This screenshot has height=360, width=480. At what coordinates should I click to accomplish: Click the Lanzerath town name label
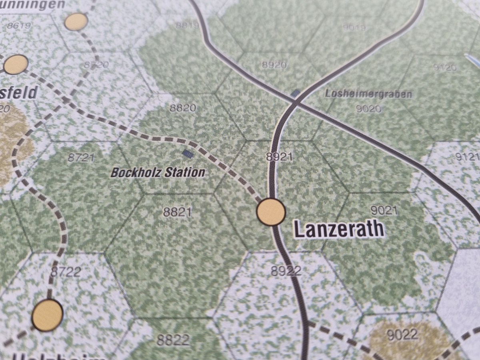(x=339, y=229)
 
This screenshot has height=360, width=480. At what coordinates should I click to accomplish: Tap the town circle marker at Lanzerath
(x=271, y=211)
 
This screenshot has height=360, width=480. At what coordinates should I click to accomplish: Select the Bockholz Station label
(x=158, y=173)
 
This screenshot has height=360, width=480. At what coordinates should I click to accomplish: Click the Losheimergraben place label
(x=368, y=94)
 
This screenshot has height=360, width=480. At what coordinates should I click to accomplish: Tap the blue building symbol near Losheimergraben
(x=296, y=93)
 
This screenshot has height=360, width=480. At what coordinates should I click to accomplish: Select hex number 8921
(x=279, y=157)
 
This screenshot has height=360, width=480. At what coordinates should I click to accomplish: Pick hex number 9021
(x=384, y=210)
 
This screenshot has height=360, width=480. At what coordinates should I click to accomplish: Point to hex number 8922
(x=286, y=271)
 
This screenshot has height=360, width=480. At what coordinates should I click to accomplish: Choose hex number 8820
(x=182, y=108)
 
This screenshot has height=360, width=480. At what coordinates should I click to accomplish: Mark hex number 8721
(x=81, y=157)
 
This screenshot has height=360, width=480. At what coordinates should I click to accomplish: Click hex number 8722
(x=66, y=272)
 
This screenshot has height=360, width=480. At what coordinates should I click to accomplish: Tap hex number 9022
(x=402, y=334)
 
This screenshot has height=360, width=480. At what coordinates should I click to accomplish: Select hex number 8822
(x=173, y=340)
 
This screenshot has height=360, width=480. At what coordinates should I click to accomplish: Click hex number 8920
(x=274, y=64)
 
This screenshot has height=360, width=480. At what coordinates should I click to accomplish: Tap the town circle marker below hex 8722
(x=47, y=315)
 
